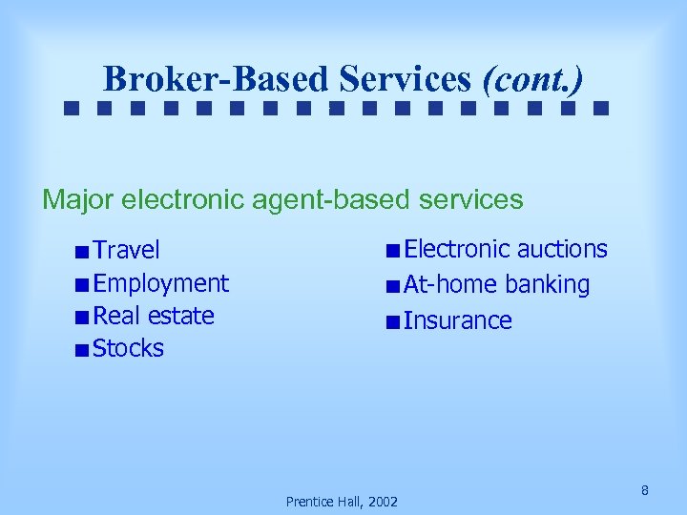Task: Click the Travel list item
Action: [127, 250]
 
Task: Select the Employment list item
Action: [161, 283]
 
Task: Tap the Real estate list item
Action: [154, 316]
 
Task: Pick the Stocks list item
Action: [129, 349]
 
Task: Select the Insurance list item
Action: [457, 320]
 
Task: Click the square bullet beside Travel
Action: [84, 252]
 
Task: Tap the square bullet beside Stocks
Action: [84, 350]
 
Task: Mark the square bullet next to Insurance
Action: [393, 321]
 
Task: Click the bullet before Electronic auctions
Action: [393, 251]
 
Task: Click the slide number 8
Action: [645, 490]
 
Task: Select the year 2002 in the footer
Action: [382, 501]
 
